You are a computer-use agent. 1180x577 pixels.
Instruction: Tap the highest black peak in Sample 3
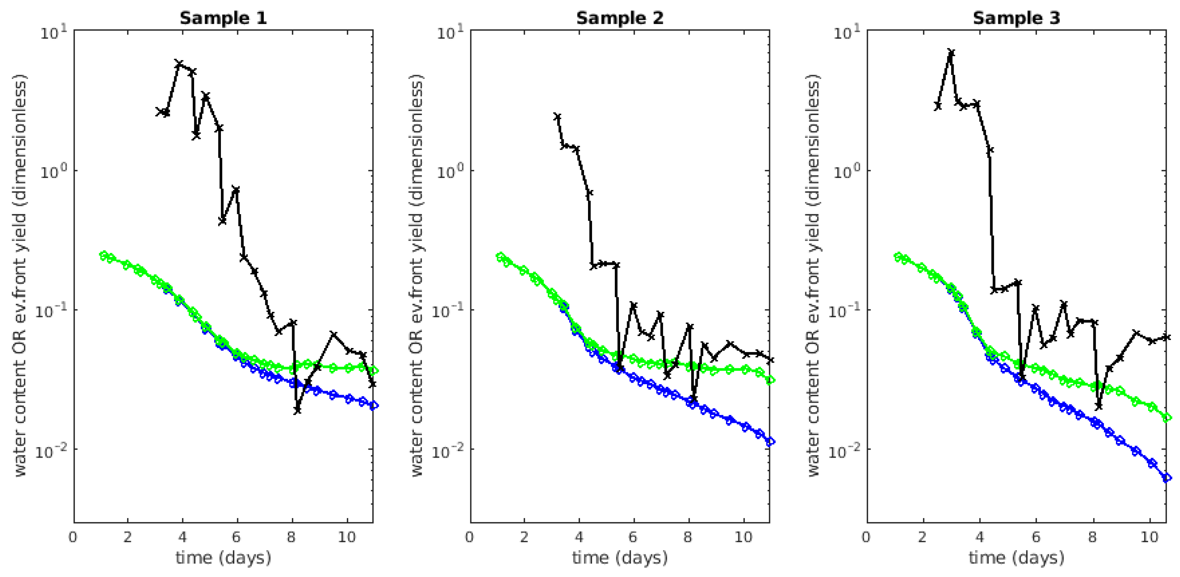[x=951, y=52]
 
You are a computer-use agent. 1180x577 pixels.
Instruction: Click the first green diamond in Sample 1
[x=104, y=255]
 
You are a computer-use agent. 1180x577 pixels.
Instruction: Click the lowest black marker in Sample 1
[x=298, y=410]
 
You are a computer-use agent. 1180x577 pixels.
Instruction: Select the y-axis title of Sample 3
[x=814, y=276]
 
